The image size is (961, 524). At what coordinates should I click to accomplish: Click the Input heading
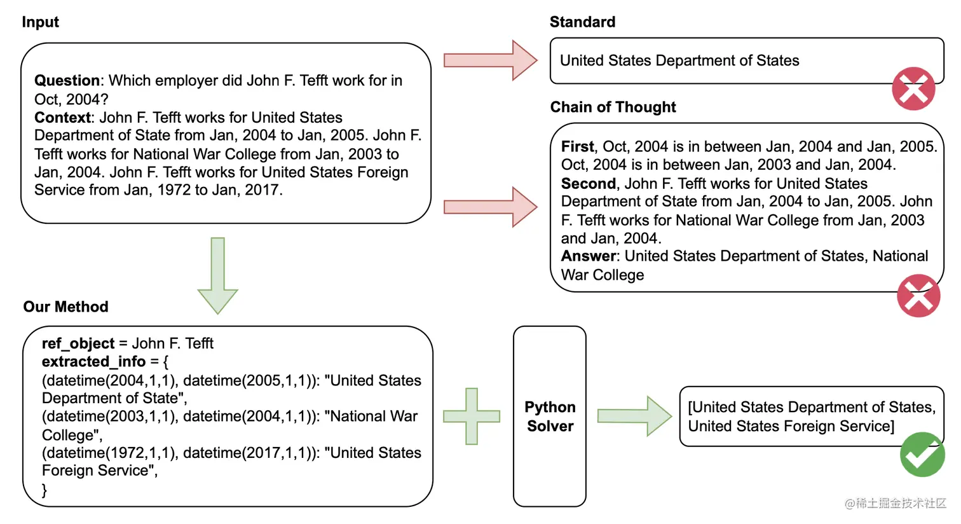pos(40,22)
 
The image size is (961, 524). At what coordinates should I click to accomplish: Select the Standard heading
pos(582,22)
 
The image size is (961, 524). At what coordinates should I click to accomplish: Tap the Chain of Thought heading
pos(613,107)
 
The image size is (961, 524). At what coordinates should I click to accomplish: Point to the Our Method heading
pos(65,307)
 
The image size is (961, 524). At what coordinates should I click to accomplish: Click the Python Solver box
pos(550,417)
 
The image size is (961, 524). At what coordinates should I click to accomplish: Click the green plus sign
pos(472,417)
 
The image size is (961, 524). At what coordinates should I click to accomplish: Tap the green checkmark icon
pos(922,455)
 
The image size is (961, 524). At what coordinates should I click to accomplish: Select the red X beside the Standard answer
pos(913,89)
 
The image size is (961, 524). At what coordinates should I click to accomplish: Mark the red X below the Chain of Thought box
pos(918,296)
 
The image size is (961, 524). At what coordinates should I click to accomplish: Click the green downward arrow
pos(217,275)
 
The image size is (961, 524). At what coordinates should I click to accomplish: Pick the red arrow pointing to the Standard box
pos(490,60)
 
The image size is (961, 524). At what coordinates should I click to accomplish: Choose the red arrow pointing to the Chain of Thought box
pos(490,207)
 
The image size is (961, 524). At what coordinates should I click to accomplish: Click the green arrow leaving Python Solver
pos(634,416)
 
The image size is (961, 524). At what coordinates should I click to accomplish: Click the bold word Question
pos(67,81)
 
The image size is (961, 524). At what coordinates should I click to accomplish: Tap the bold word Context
pos(62,118)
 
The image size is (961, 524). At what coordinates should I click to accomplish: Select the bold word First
pos(577,147)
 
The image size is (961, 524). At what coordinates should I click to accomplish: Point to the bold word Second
pos(589,184)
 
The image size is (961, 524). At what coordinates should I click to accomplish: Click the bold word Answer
pos(588,256)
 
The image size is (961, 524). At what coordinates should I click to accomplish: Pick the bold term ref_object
pos(78,343)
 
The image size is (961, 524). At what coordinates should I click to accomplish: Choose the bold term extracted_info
pos(93,362)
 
